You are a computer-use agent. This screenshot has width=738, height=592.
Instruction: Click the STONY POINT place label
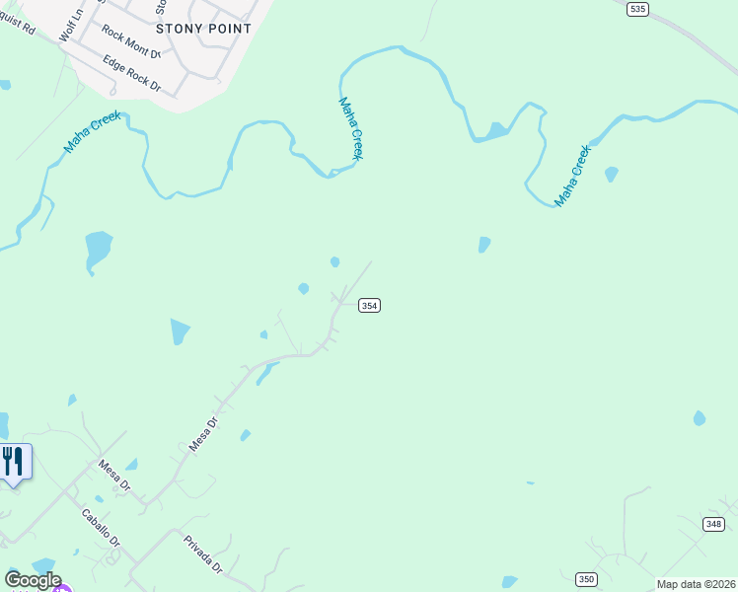[203, 29]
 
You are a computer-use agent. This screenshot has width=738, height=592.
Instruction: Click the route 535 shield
[637, 9]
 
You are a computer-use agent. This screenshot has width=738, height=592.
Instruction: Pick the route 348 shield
[713, 523]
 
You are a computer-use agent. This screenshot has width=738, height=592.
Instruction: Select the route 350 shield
[586, 579]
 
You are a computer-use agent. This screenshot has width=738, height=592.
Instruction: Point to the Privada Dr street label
[203, 554]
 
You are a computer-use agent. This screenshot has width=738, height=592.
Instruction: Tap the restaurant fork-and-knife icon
[13, 462]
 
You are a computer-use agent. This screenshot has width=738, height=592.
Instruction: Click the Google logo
[33, 580]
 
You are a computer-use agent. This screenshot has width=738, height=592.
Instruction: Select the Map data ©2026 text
[696, 584]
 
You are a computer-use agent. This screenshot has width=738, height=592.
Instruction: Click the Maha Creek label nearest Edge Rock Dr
[93, 131]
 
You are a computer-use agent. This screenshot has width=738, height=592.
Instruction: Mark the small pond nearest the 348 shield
[700, 418]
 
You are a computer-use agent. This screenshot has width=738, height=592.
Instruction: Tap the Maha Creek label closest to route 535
[572, 176]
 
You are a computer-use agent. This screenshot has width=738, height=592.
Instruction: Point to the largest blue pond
[98, 247]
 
